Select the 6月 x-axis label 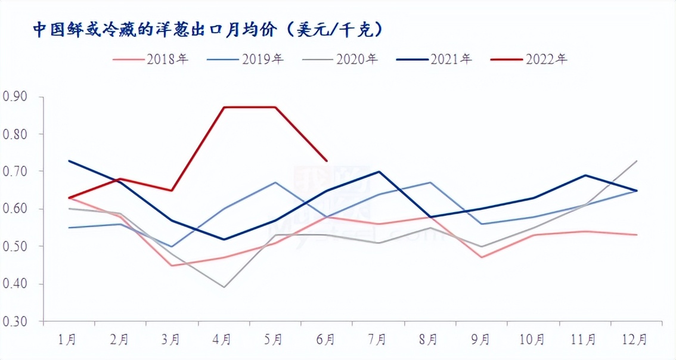[326, 340]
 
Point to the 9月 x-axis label [480, 340]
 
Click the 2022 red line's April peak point [223, 107]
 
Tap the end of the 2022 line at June [327, 160]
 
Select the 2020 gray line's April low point [223, 287]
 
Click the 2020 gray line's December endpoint [637, 161]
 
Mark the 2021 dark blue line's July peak [379, 172]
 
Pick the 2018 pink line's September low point [482, 257]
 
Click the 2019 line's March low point [172, 246]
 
